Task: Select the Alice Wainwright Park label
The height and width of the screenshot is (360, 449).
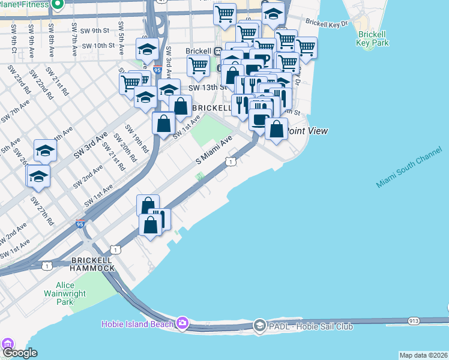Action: [x=64, y=293]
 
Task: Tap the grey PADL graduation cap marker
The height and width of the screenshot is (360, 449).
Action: [x=259, y=326]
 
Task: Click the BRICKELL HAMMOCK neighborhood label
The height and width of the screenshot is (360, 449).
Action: [x=92, y=264]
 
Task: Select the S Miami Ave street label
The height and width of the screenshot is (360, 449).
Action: [x=214, y=151]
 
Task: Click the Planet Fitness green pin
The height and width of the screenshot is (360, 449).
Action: [x=58, y=5]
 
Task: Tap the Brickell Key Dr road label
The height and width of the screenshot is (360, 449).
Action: [x=327, y=23]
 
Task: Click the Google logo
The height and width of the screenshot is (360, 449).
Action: [x=20, y=353]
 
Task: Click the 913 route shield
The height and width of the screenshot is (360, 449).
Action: [x=414, y=321]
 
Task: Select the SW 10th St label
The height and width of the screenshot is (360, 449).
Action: [x=98, y=46]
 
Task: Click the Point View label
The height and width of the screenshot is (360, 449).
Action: [x=306, y=130]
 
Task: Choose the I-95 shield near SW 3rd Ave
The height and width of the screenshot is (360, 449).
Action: [x=157, y=70]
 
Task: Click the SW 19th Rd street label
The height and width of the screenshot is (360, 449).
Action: [x=136, y=137]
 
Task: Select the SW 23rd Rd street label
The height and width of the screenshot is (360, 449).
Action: [x=19, y=80]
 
